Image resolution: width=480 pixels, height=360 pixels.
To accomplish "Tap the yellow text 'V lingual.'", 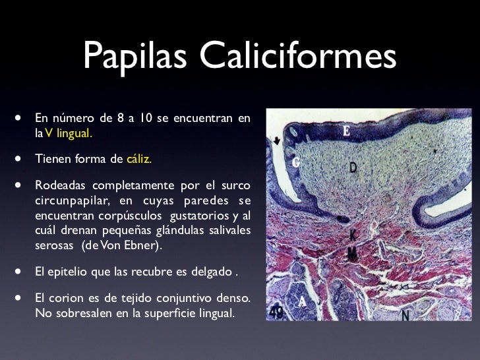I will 69,133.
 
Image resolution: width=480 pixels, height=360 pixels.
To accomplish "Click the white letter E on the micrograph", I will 347,132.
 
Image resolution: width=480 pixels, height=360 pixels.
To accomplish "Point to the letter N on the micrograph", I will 404,315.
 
